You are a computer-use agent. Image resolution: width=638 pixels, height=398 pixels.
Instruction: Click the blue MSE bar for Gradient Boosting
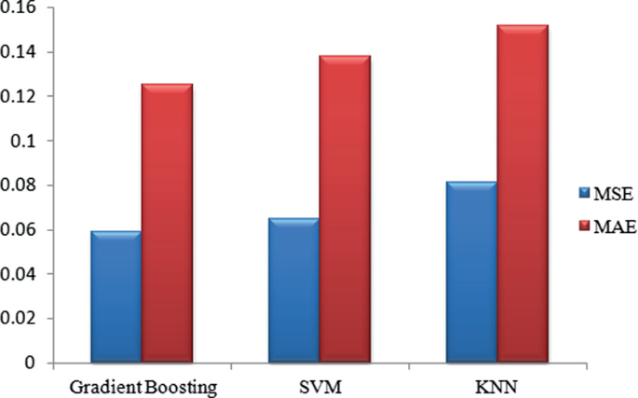coord(116,296)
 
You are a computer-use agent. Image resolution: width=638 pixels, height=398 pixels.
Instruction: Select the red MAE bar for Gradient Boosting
coord(167,224)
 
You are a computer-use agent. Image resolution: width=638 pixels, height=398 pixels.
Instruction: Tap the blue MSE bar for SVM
coord(293,290)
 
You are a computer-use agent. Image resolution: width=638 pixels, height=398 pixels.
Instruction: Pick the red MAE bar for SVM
coord(345,210)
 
